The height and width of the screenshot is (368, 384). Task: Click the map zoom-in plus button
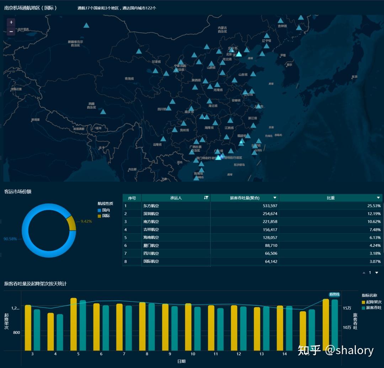[x=11, y=22]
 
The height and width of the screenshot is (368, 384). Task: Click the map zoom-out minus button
[x=11, y=31]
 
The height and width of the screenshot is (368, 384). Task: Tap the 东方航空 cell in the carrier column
[x=151, y=206]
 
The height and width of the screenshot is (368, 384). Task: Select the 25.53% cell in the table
[x=374, y=206]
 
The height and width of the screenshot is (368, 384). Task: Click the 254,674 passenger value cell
[x=268, y=214]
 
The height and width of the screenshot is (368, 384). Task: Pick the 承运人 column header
[x=176, y=198]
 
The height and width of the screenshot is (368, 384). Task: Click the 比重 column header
[x=331, y=198]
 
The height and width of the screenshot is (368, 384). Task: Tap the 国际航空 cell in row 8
[x=151, y=261]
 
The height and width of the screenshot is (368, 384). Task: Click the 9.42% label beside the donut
[x=86, y=221]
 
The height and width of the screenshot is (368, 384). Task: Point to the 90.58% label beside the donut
[x=10, y=239]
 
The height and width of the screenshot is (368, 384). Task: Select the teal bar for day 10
[x=197, y=329]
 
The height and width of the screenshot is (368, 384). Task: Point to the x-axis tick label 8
[x=147, y=354]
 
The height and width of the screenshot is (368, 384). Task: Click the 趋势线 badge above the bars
[x=335, y=294]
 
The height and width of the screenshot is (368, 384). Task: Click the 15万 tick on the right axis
[x=347, y=308]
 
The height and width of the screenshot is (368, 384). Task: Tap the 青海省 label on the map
[x=129, y=79]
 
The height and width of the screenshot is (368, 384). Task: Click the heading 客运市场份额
[x=18, y=191]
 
